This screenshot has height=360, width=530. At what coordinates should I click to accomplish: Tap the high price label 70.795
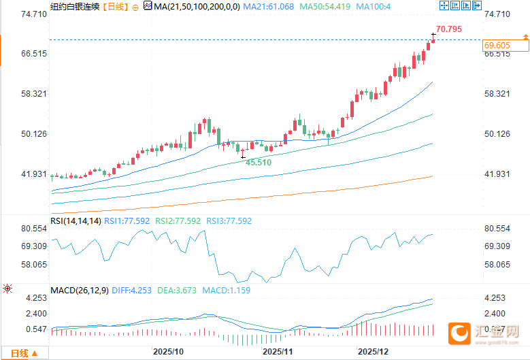(448, 29)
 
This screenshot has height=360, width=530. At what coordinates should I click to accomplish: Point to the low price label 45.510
(259, 163)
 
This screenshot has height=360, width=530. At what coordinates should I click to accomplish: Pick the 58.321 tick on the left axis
(33, 94)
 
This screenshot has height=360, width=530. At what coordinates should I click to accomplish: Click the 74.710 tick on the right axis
(496, 14)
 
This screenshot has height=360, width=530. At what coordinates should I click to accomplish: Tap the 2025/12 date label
(373, 352)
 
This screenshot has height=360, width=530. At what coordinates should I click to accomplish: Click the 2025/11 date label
(277, 352)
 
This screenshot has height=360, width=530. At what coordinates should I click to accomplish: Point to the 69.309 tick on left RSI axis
(33, 246)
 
